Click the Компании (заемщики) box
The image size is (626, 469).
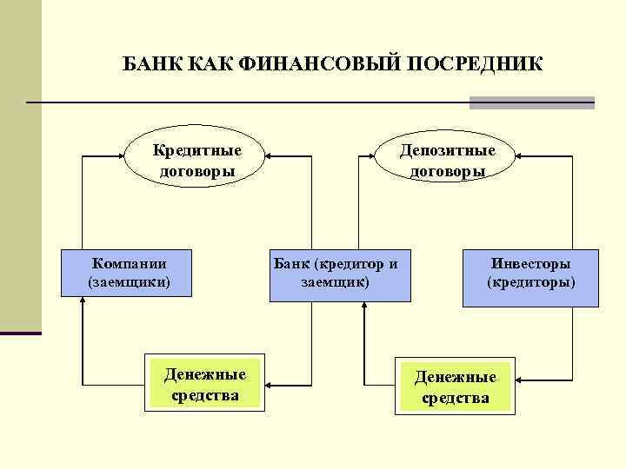129,273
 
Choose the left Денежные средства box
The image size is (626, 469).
205,382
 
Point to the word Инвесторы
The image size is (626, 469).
530,263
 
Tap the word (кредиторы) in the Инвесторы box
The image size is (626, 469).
530,283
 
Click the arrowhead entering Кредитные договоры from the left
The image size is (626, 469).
123,157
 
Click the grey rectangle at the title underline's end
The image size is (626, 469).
531,102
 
